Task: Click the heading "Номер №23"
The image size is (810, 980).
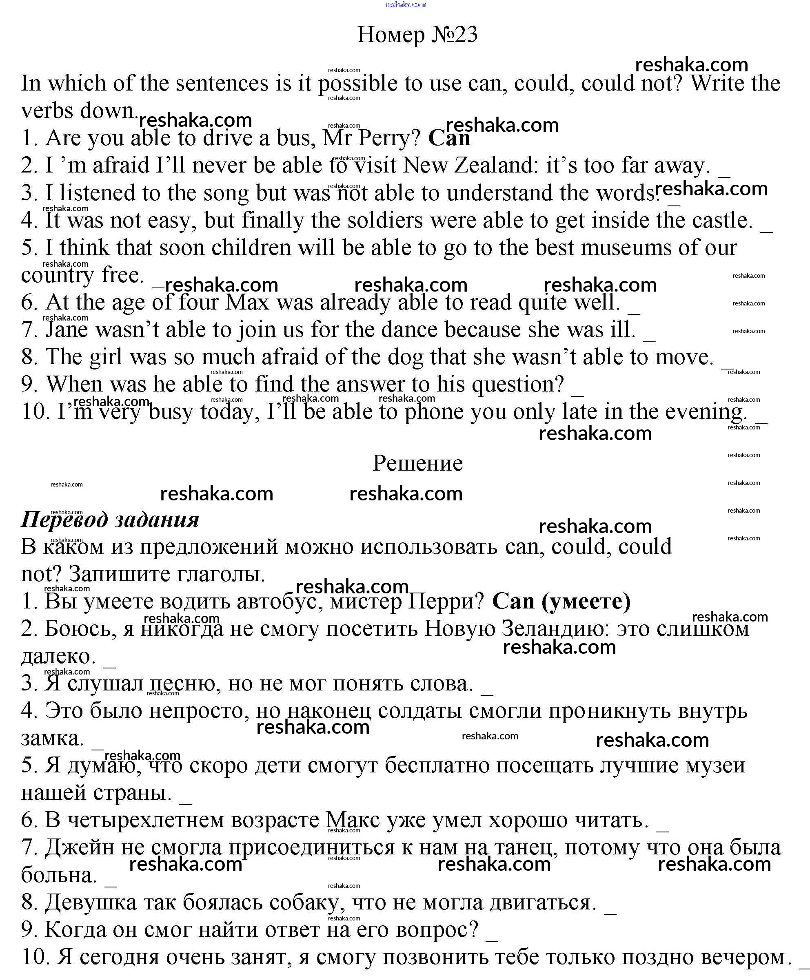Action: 417,35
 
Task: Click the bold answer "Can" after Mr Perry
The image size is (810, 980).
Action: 449,137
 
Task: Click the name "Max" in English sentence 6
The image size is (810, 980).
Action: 248,303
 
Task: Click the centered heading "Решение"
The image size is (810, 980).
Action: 417,463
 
